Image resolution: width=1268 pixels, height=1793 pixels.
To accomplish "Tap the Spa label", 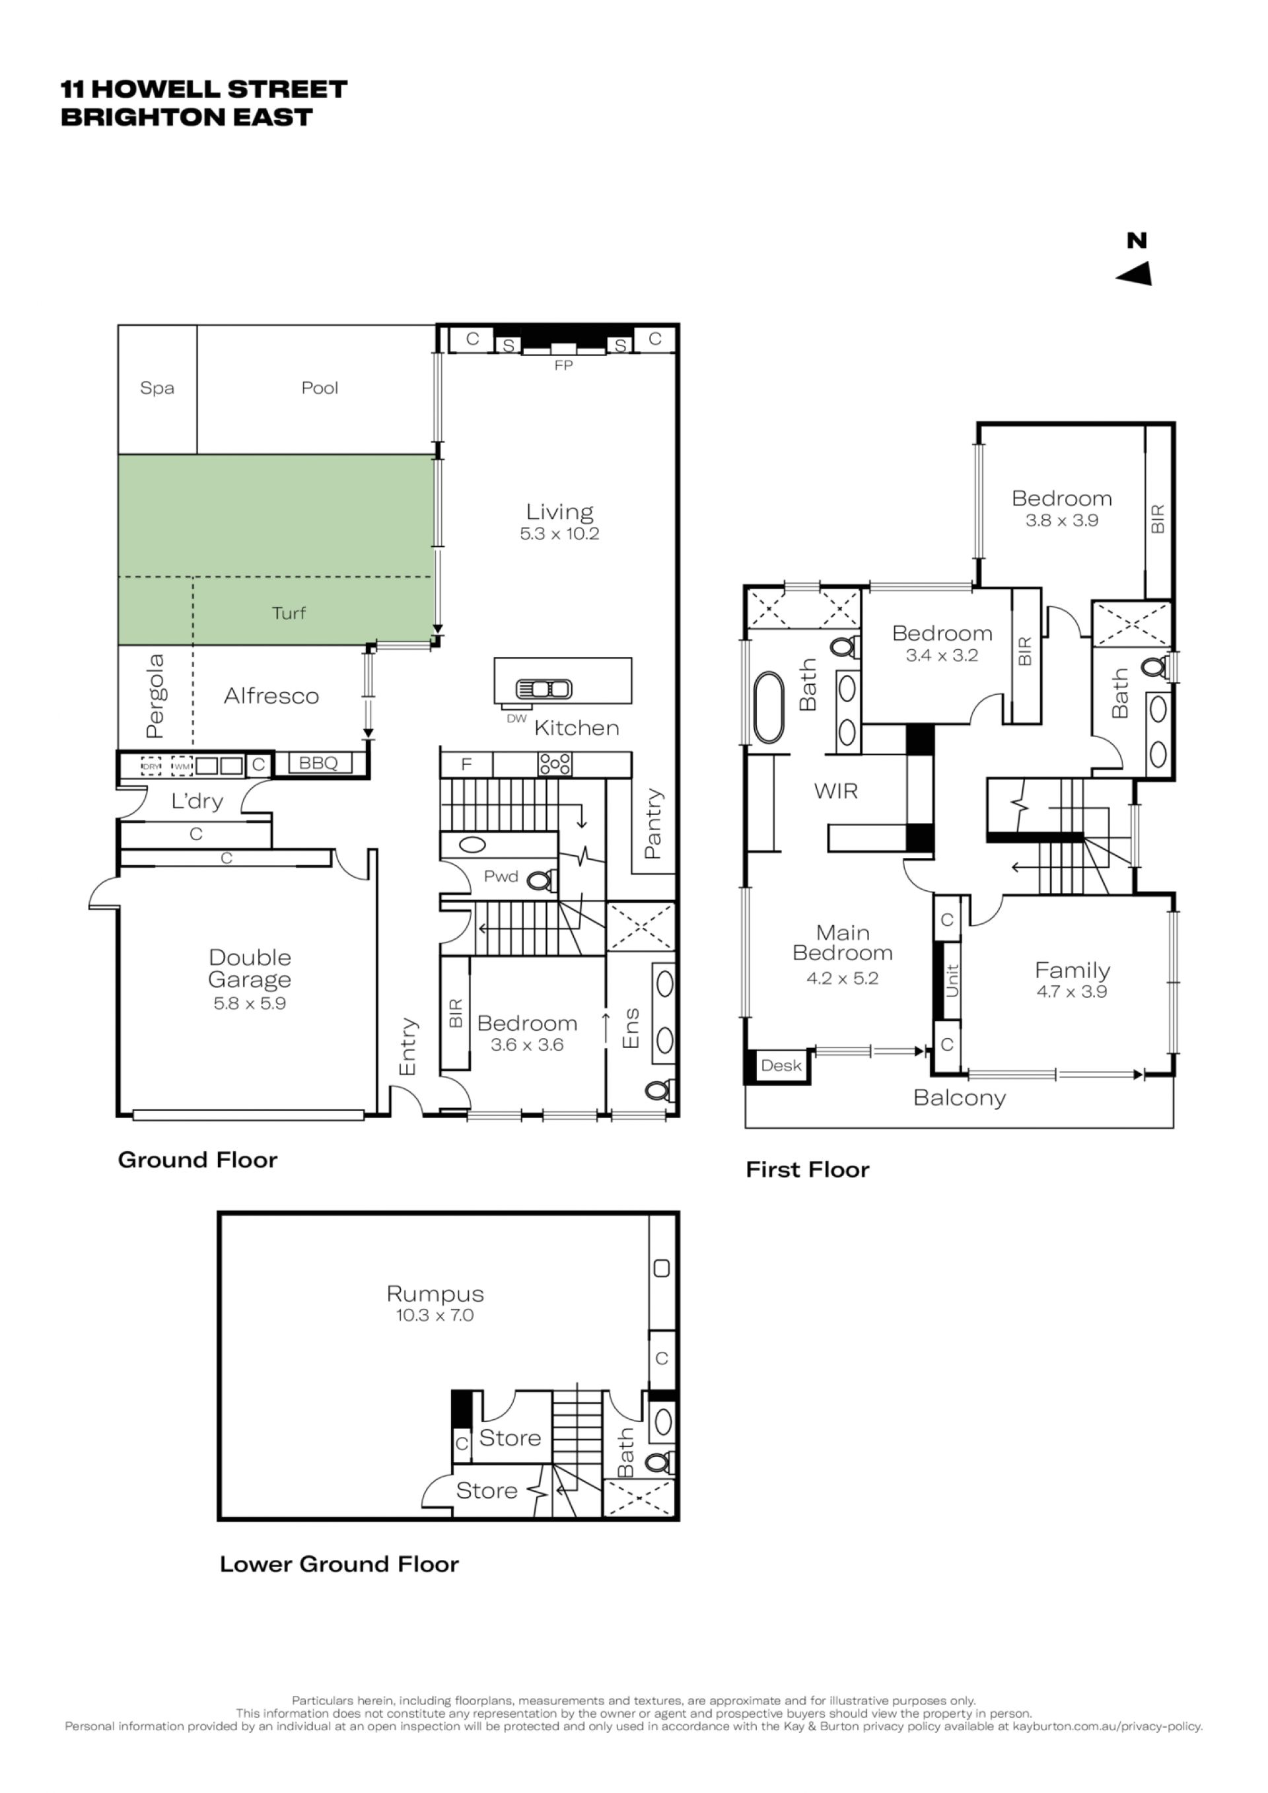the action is [x=157, y=388].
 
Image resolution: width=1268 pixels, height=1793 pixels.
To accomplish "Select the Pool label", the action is [x=320, y=388].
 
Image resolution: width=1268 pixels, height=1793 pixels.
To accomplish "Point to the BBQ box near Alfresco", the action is [x=318, y=763].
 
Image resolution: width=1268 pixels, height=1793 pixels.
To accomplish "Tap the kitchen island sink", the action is [x=544, y=689].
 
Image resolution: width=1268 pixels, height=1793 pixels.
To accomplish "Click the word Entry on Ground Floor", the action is [x=407, y=1047].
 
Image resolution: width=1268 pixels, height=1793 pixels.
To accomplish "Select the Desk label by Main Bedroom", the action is [x=781, y=1066].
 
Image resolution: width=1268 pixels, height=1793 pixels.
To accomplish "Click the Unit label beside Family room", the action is [x=951, y=981].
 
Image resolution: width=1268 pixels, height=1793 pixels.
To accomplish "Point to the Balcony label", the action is [x=960, y=1098].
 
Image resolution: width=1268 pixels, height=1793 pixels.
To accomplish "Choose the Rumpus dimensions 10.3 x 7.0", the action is [x=435, y=1315].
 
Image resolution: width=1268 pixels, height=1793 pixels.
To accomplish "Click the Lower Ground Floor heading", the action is [x=339, y=1564].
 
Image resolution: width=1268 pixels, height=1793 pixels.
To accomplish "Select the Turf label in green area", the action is [x=289, y=613].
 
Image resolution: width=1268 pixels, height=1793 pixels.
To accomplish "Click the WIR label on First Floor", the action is [x=835, y=791].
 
